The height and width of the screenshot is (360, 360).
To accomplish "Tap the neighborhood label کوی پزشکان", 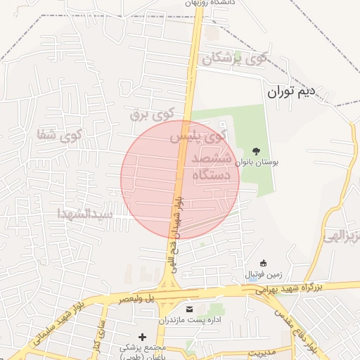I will coord(235,59).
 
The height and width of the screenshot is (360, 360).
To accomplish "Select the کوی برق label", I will coord(151,113).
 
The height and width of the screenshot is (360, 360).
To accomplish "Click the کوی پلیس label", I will coord(200,136).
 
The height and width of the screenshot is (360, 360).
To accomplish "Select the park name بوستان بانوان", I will coord(256,162).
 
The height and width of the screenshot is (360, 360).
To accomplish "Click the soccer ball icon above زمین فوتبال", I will coord(263,262).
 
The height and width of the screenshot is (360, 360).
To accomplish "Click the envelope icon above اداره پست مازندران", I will coord(188,309).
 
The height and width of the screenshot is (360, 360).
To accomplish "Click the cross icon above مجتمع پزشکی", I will coord(143,337).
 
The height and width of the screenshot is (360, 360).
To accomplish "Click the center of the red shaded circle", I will coord(180,179).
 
